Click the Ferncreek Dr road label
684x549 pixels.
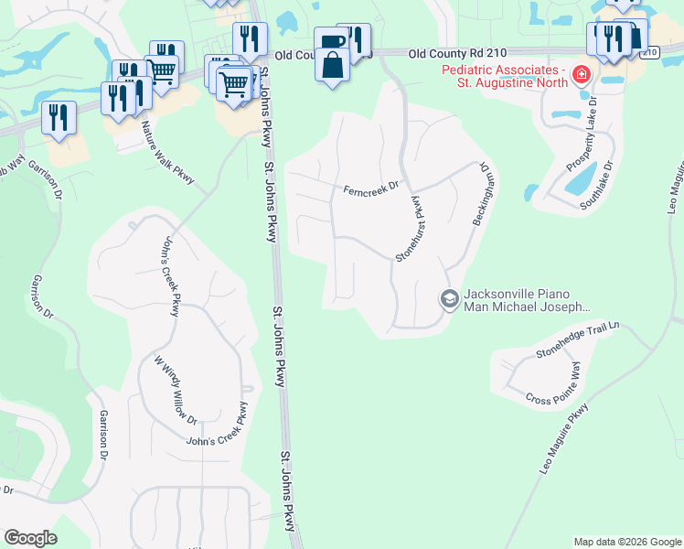click(371, 188)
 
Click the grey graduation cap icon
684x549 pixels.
click(449, 299)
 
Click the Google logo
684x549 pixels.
click(30, 538)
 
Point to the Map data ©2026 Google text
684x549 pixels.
click(626, 542)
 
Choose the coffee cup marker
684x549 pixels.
click(331, 40)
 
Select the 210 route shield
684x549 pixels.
click(650, 53)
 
